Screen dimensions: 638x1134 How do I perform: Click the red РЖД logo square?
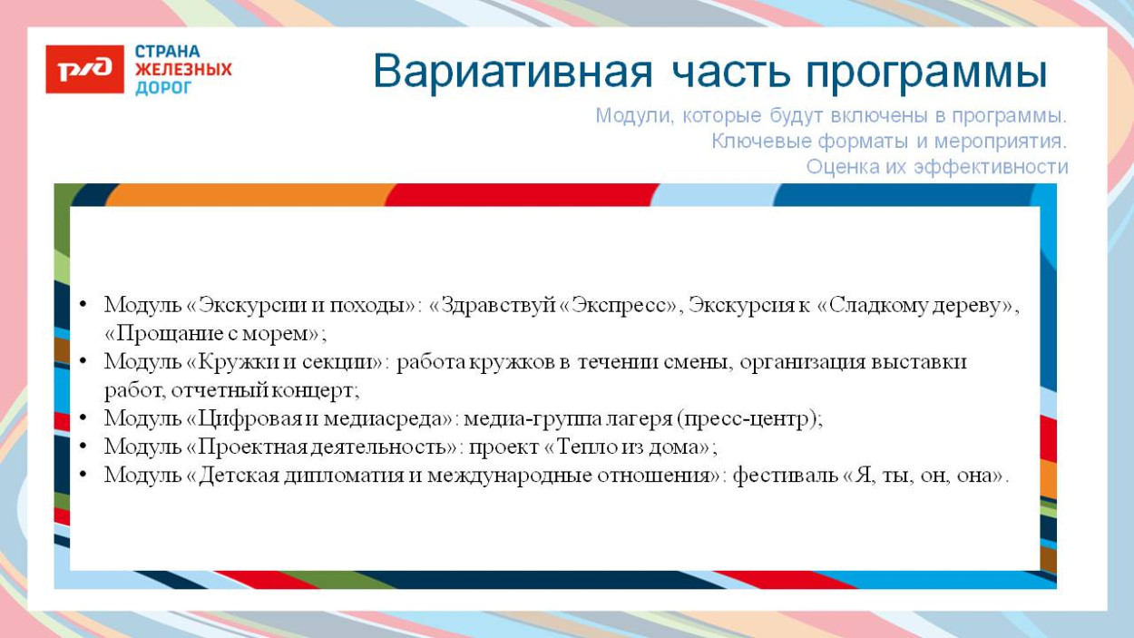[84, 69]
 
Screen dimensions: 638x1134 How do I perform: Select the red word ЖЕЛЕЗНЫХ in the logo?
[183, 70]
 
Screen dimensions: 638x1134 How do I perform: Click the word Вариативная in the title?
[513, 73]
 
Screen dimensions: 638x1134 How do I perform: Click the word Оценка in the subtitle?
[840, 167]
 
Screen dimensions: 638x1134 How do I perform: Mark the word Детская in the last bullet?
[239, 475]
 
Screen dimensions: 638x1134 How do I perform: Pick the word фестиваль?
[786, 475]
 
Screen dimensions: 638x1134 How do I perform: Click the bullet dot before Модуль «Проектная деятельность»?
[83, 447]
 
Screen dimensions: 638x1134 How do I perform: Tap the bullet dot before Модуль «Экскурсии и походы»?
[83, 306]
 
